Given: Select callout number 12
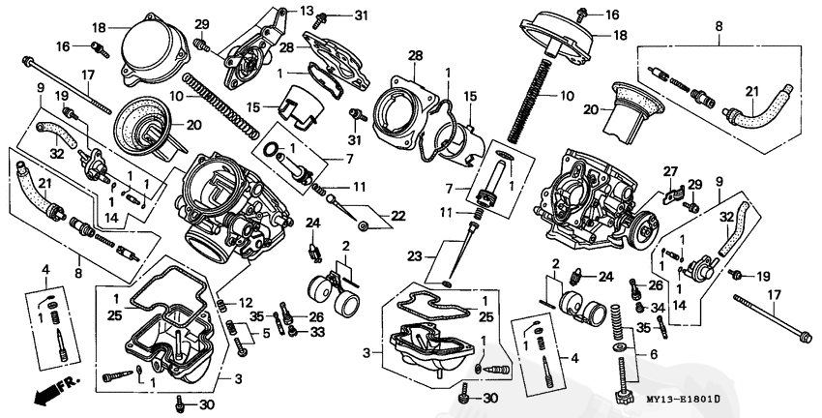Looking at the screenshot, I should pos(247,303).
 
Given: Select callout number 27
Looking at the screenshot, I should pos(666,171).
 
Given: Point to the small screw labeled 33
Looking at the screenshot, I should pos(293,333).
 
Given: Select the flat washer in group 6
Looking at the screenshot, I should pos(618,345).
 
